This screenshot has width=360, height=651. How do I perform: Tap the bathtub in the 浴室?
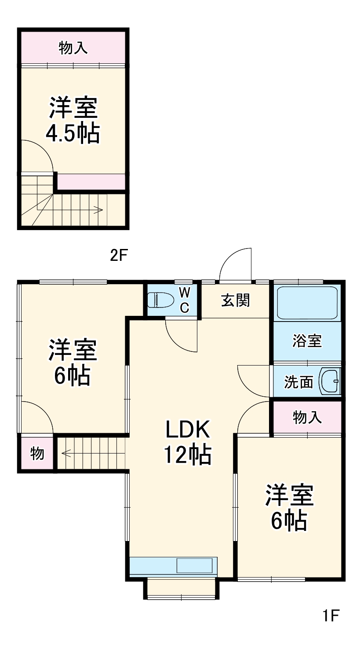click(307, 303)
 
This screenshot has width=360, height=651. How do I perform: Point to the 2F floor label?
click(119, 256)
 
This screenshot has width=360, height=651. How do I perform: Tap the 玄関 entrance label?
click(235, 300)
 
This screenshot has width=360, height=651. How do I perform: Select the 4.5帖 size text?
click(73, 133)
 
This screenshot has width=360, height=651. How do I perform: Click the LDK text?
click(188, 430)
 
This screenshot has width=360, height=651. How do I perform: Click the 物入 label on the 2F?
click(73, 48)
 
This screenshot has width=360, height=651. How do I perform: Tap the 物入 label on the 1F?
click(307, 418)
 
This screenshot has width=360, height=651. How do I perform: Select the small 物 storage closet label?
click(37, 453)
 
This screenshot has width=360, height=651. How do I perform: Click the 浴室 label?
click(307, 340)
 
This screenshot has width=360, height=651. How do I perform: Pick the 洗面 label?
click(298, 382)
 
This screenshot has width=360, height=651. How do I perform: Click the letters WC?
click(185, 300)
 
